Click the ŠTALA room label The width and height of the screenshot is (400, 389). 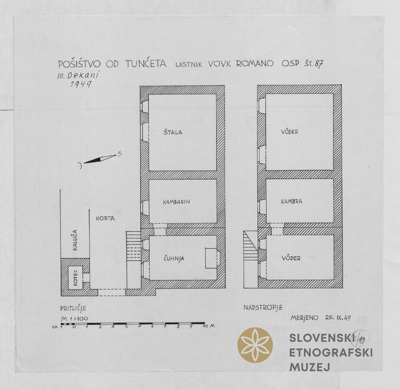click(x=173, y=132)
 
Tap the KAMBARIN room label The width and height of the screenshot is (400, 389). click(x=176, y=202)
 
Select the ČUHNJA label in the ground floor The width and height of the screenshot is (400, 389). click(x=174, y=258)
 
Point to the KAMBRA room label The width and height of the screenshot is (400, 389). click(x=291, y=201)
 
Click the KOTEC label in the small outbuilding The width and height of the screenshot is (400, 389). click(x=75, y=278)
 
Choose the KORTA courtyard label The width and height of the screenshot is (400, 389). click(x=105, y=218)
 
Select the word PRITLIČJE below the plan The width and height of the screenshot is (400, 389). click(x=73, y=309)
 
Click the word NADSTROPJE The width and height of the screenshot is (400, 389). click(x=263, y=308)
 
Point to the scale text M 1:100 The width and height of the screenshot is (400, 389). click(x=74, y=319)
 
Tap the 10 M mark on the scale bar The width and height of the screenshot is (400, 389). click(x=209, y=326)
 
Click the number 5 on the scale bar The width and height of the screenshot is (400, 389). click(x=139, y=326)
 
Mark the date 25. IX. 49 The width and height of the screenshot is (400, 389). click(x=338, y=318)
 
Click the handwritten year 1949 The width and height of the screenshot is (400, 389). click(x=81, y=84)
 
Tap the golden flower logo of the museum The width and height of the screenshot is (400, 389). click(x=255, y=345)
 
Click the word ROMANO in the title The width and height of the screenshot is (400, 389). click(x=255, y=63)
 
